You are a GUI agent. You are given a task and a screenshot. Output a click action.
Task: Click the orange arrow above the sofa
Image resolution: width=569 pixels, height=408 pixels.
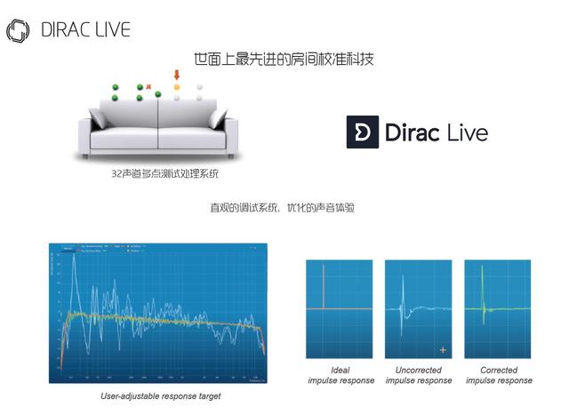pyautogui.click(x=176, y=76)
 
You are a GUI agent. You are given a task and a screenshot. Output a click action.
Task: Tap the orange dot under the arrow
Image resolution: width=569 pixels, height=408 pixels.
pyautogui.click(x=176, y=87)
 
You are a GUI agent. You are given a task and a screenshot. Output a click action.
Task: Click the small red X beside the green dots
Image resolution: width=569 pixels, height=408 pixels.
pyautogui.click(x=148, y=86)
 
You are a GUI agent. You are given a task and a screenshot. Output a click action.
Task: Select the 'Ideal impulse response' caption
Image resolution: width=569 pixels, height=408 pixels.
pyautogui.click(x=327, y=375)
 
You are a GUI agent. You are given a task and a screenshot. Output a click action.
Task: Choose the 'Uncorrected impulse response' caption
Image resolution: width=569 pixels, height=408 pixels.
pyautogui.click(x=417, y=375)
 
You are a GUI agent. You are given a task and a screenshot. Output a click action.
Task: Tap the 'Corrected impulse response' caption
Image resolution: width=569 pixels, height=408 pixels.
pyautogui.click(x=498, y=375)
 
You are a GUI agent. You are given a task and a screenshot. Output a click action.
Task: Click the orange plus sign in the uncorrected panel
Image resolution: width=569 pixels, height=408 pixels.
pyautogui.click(x=443, y=348)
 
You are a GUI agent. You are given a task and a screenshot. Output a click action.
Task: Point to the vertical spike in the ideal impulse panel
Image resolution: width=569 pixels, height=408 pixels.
pyautogui.click(x=326, y=284)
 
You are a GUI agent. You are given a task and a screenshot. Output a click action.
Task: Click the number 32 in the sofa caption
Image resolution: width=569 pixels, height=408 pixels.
pyautogui.click(x=116, y=174)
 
